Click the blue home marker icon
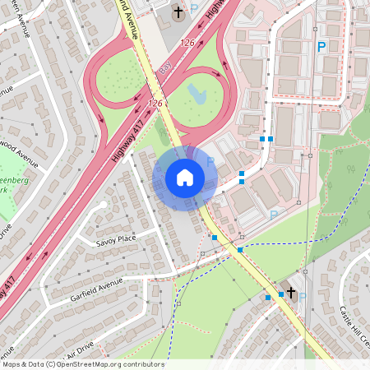click(185, 177)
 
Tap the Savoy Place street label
click(116, 239)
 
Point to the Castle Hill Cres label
click(354, 326)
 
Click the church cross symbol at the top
click(178, 12)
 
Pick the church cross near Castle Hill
click(290, 292)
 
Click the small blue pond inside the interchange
click(198, 92)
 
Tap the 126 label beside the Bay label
click(187, 42)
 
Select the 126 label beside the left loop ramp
click(155, 104)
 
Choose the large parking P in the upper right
click(321, 48)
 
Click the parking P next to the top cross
click(195, 10)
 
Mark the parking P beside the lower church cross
click(303, 297)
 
